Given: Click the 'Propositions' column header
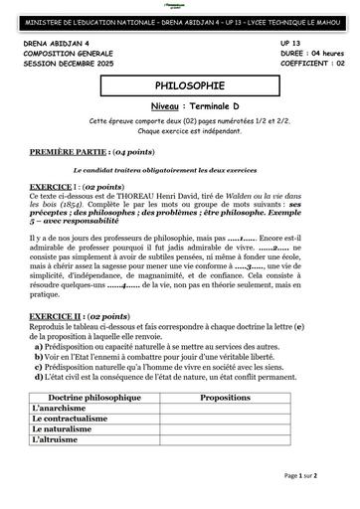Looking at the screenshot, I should pos(225,424).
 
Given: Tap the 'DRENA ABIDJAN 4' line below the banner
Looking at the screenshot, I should pos(51,46).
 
